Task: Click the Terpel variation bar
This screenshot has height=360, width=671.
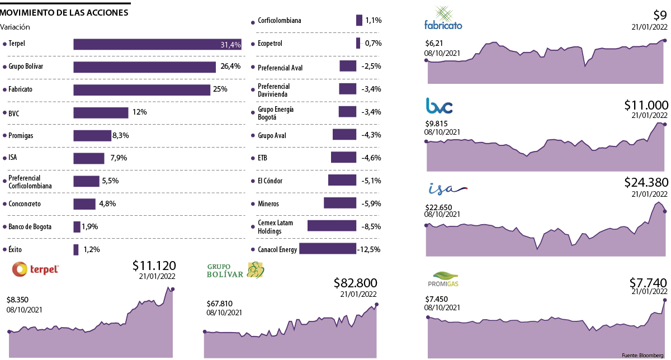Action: [157, 44]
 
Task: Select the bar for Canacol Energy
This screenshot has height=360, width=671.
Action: [328, 249]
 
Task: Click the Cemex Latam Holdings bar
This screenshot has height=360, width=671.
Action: [332, 226]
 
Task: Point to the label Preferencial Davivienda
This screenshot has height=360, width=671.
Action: [274, 89]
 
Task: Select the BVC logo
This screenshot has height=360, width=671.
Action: [439, 105]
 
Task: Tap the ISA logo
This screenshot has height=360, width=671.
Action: [446, 188]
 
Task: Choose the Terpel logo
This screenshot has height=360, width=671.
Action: [36, 269]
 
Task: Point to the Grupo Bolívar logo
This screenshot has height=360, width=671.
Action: [235, 271]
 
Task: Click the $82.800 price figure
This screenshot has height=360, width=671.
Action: [355, 283]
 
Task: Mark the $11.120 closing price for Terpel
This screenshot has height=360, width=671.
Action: [154, 266]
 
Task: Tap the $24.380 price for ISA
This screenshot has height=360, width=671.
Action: [646, 182]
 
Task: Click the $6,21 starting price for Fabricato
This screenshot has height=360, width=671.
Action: [434, 42]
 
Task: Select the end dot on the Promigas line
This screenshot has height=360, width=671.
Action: [665, 300]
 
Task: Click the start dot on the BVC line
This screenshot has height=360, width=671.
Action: [427, 141]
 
